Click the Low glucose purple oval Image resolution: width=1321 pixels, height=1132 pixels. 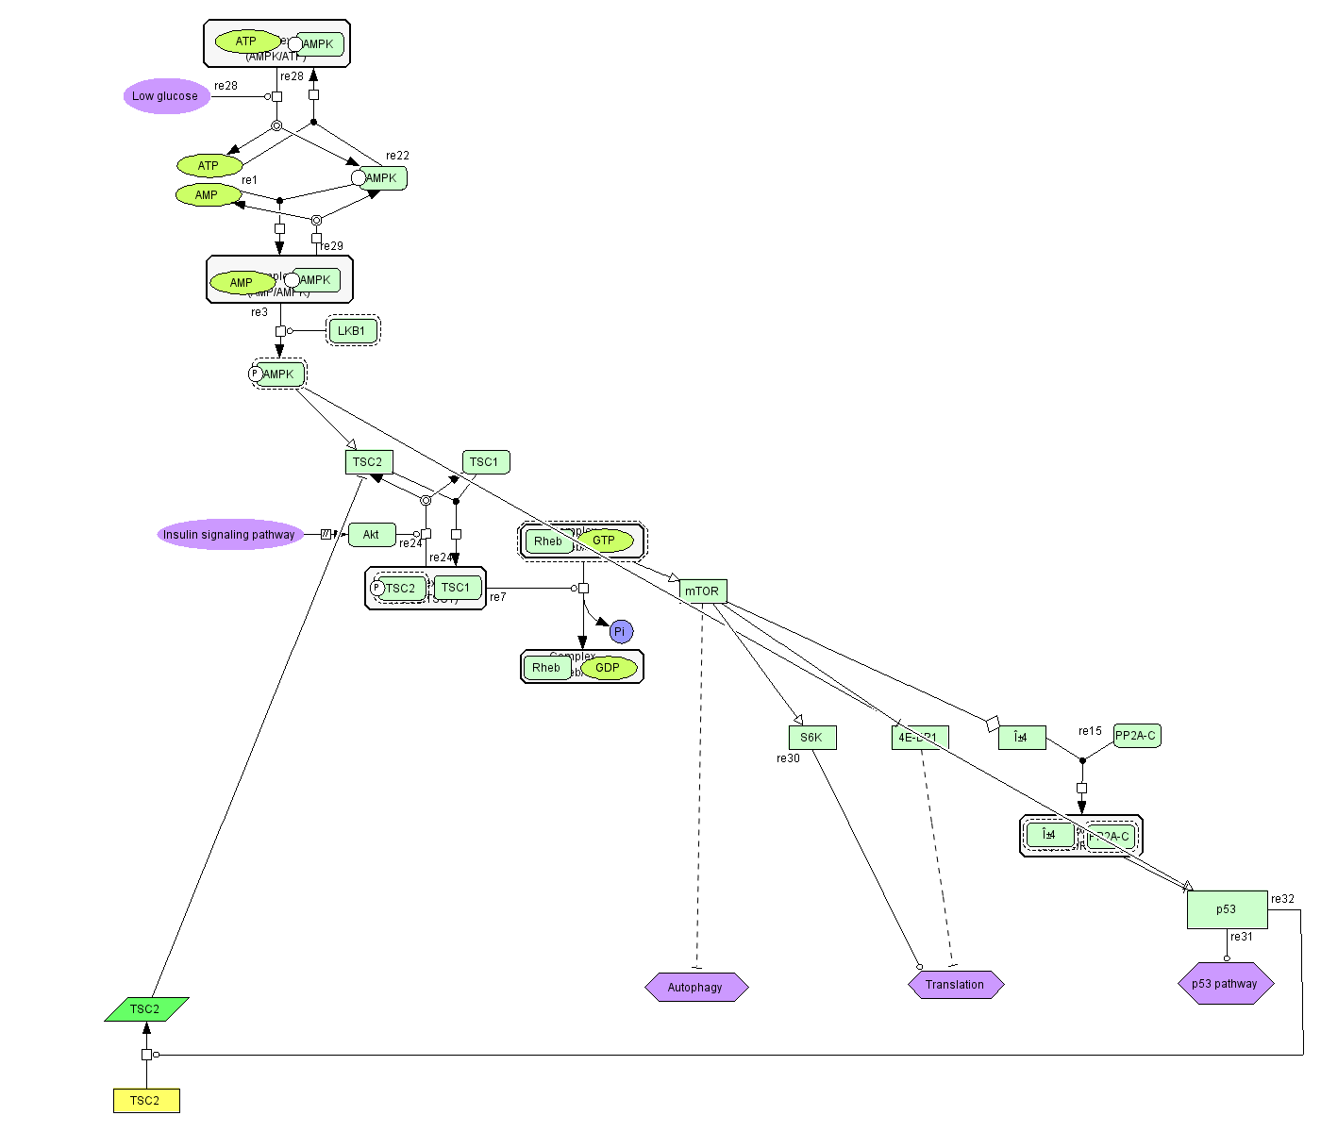[x=166, y=96]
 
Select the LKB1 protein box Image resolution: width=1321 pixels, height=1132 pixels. [x=352, y=331]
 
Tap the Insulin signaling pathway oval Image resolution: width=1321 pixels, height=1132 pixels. [x=229, y=535]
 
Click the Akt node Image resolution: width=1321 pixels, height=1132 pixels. [x=372, y=535]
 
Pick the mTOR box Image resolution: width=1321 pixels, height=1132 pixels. [x=703, y=591]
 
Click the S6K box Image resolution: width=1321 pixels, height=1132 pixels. [x=811, y=738]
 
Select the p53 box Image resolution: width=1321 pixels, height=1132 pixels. [x=1227, y=909]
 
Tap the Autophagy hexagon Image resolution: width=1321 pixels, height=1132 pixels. [x=696, y=988]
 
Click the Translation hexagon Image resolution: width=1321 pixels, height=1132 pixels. [x=955, y=985]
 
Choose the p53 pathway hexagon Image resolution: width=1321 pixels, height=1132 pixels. [x=1225, y=984]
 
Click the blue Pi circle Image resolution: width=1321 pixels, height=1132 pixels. [x=621, y=632]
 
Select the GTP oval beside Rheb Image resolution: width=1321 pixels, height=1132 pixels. [x=605, y=541]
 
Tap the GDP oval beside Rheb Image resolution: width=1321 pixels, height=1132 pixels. [x=609, y=668]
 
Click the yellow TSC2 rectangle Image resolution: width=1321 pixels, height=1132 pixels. [x=146, y=1101]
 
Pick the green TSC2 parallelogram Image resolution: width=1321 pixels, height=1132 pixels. [x=146, y=1009]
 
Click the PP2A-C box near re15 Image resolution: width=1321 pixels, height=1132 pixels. [x=1136, y=736]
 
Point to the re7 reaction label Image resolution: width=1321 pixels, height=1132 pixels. [x=498, y=597]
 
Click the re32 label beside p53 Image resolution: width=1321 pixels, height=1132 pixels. [x=1282, y=899]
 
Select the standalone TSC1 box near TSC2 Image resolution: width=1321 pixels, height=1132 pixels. [x=485, y=462]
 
